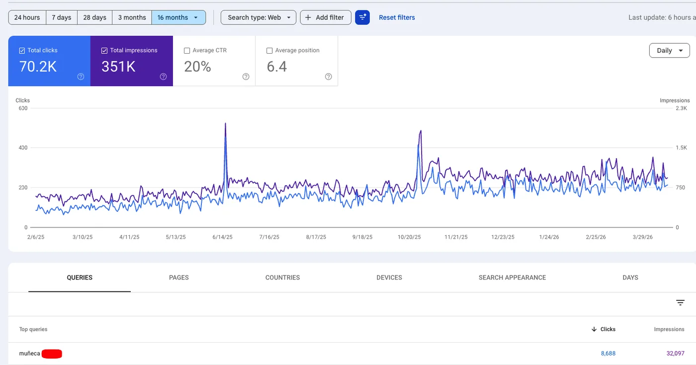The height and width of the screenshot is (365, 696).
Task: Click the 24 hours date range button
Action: [x=27, y=17]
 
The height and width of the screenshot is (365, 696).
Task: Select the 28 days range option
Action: [x=94, y=17]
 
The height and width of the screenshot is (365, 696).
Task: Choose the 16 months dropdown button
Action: [x=178, y=17]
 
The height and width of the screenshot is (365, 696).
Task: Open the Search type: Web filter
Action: [x=258, y=17]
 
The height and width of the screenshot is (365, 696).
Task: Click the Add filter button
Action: [x=325, y=17]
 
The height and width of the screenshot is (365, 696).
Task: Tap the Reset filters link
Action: [x=397, y=17]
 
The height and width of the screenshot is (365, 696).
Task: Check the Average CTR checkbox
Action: [x=187, y=50]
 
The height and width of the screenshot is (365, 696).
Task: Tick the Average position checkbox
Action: [x=269, y=50]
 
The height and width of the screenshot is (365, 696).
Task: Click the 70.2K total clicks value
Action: [x=38, y=67]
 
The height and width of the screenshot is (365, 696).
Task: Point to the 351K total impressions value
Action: [x=118, y=67]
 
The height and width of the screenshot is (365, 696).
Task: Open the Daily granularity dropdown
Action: [x=669, y=50]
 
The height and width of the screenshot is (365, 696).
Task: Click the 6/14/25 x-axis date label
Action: [x=222, y=237]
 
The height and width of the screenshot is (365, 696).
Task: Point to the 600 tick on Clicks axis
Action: [x=22, y=108]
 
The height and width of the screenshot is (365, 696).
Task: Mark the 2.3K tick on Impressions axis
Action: [x=681, y=108]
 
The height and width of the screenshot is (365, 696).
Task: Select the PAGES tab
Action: [x=178, y=277]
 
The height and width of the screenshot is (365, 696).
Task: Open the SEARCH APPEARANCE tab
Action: [x=512, y=277]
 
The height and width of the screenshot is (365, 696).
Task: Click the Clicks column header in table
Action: [x=608, y=329]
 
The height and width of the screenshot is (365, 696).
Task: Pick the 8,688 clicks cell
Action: [x=608, y=354]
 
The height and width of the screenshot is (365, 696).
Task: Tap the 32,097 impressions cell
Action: [x=675, y=354]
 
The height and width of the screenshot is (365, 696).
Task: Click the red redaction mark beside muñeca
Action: [x=52, y=354]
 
